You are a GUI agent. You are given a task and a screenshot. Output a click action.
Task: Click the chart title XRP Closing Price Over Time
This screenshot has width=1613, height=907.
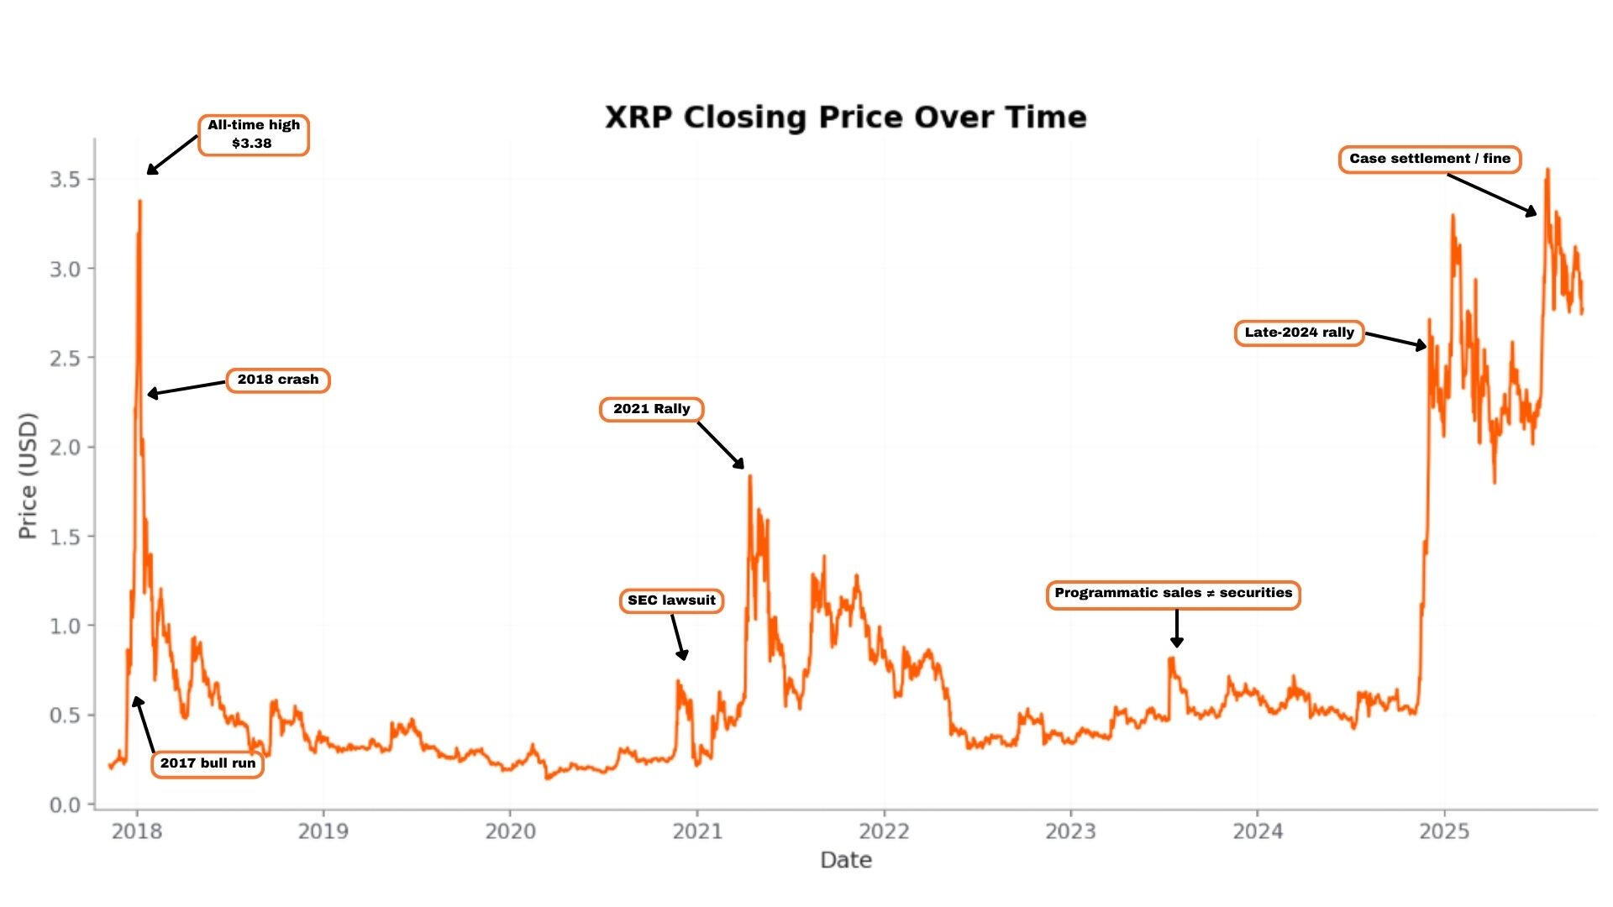pyautogui.click(x=845, y=118)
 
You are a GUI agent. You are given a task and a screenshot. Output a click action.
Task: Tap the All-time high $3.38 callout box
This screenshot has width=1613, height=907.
pyautogui.click(x=254, y=135)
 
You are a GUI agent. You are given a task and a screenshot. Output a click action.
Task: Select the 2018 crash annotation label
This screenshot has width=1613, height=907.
pyautogui.click(x=278, y=380)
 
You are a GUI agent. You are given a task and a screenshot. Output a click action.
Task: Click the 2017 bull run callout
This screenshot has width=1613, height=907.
pyautogui.click(x=208, y=763)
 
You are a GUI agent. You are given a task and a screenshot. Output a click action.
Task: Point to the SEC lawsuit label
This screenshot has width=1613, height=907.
pyautogui.click(x=671, y=600)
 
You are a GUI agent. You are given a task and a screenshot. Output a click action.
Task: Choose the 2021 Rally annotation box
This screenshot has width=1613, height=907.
pyautogui.click(x=651, y=410)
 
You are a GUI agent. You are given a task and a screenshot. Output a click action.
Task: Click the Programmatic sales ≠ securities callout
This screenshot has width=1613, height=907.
pyautogui.click(x=1173, y=594)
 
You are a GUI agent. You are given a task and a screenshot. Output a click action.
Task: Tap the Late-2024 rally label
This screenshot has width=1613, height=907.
pyautogui.click(x=1299, y=333)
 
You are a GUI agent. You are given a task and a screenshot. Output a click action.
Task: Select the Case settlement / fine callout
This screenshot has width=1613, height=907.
pyautogui.click(x=1429, y=159)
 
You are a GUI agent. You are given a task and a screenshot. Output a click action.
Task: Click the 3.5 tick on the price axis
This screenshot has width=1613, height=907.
pyautogui.click(x=65, y=180)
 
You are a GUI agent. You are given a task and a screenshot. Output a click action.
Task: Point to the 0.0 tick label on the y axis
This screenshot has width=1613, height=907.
pyautogui.click(x=65, y=805)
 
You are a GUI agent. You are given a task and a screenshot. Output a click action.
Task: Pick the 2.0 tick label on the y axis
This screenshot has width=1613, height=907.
pyautogui.click(x=65, y=448)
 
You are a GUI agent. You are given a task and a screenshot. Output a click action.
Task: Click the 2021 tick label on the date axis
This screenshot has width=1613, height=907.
pyautogui.click(x=696, y=831)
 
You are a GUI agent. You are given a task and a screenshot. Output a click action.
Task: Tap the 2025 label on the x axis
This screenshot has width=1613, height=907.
pyautogui.click(x=1444, y=831)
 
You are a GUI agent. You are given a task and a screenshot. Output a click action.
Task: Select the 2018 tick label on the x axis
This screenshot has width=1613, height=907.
pyautogui.click(x=137, y=831)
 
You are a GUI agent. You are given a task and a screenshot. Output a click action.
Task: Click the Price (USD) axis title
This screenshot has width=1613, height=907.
pyautogui.click(x=28, y=475)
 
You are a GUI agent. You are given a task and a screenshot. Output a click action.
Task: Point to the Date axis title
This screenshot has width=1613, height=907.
pyautogui.click(x=845, y=860)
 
